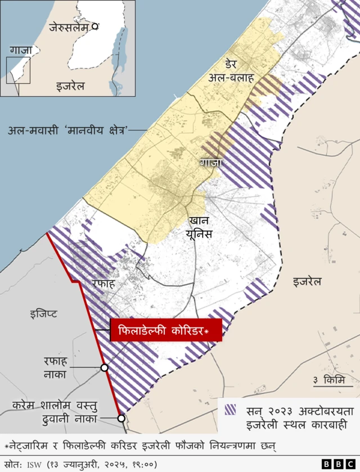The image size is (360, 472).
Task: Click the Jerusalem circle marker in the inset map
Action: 96,26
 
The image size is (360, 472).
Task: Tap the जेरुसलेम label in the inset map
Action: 70,26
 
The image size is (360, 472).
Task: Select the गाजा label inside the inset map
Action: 21,51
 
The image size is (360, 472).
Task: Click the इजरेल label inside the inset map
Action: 70,87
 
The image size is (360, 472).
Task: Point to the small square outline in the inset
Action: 18,70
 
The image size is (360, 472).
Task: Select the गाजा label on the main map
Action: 211,163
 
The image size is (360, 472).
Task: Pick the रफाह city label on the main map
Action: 103,284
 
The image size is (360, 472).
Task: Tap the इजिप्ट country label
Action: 43,313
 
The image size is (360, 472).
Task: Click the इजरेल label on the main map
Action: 307,281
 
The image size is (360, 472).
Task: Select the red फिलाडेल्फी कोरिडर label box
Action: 166,330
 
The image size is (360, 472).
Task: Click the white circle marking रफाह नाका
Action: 105,367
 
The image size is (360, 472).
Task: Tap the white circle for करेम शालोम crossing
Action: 121,418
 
